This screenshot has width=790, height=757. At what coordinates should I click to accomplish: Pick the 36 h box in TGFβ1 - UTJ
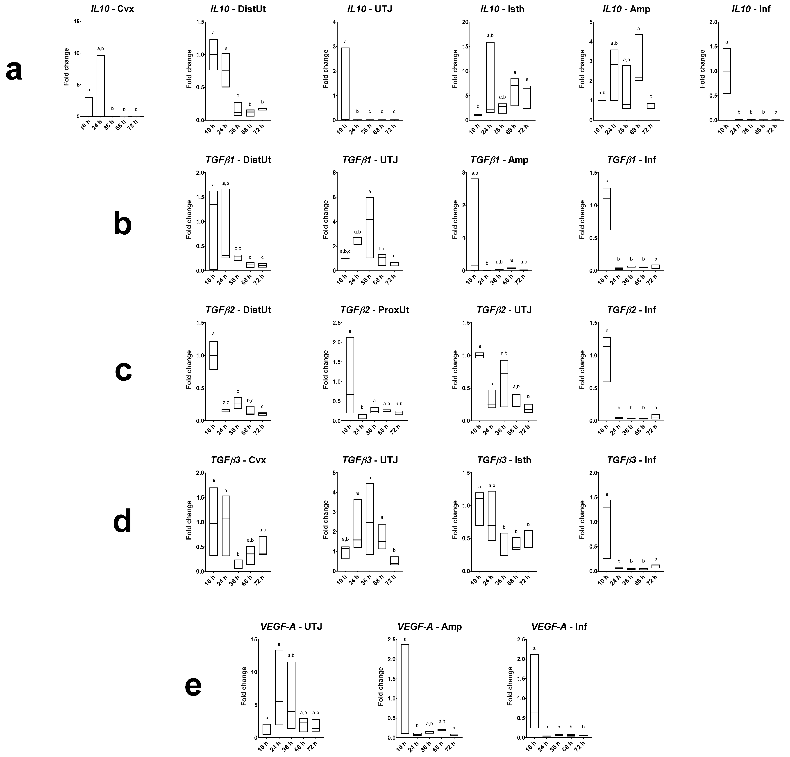[x=370, y=227]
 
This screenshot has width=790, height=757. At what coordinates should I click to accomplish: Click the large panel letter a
[x=14, y=71]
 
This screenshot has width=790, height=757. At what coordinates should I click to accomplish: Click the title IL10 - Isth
[x=502, y=9]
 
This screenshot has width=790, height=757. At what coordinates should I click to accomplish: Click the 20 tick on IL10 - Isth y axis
[x=465, y=22]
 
